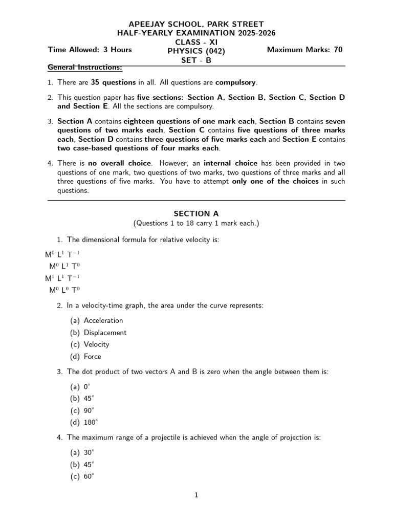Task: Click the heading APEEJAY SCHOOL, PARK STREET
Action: coord(196,24)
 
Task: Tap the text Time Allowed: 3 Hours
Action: coord(90,50)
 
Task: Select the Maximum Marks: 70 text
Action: coord(304,50)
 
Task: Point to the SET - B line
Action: coord(196,60)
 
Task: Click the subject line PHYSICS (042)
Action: coord(196,51)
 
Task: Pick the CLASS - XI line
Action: coord(196,41)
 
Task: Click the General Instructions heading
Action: coord(84,68)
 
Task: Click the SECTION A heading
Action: coord(196,214)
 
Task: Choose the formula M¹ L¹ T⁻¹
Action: coord(62,278)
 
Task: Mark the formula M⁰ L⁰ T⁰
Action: coord(64,290)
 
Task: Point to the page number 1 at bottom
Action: coord(196,495)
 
